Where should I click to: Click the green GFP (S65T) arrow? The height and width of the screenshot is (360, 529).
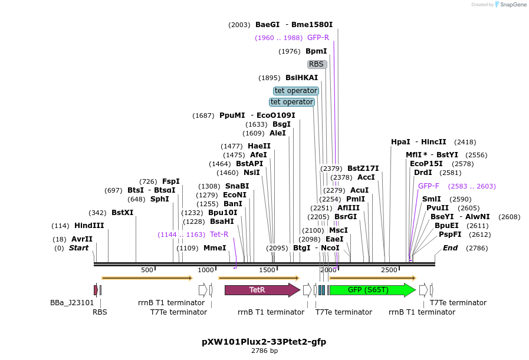point(372,290)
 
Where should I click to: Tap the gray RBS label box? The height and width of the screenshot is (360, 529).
point(317,64)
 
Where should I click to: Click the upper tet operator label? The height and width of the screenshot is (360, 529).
point(296,91)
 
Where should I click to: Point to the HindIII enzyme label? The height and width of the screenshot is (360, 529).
point(89,226)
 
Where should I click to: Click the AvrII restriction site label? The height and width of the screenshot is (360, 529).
point(82,239)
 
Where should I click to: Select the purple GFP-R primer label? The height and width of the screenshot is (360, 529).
point(318,38)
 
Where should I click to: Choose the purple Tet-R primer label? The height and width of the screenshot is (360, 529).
point(219,235)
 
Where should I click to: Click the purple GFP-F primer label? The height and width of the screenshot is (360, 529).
point(429,186)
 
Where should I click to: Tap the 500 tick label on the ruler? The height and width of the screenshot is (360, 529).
point(147,270)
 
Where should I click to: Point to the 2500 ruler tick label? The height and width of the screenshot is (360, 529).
point(389,270)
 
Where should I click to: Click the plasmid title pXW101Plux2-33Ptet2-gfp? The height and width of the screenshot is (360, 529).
point(264,342)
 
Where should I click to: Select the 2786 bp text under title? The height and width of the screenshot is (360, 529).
point(264,351)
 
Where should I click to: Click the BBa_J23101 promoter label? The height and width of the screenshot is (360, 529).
point(72,303)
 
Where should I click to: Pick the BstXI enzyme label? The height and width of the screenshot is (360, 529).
point(122,213)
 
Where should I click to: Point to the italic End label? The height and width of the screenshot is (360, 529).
point(450,248)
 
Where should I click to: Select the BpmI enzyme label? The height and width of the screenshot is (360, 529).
point(316,51)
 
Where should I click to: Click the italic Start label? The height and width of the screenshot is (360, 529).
point(78,248)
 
